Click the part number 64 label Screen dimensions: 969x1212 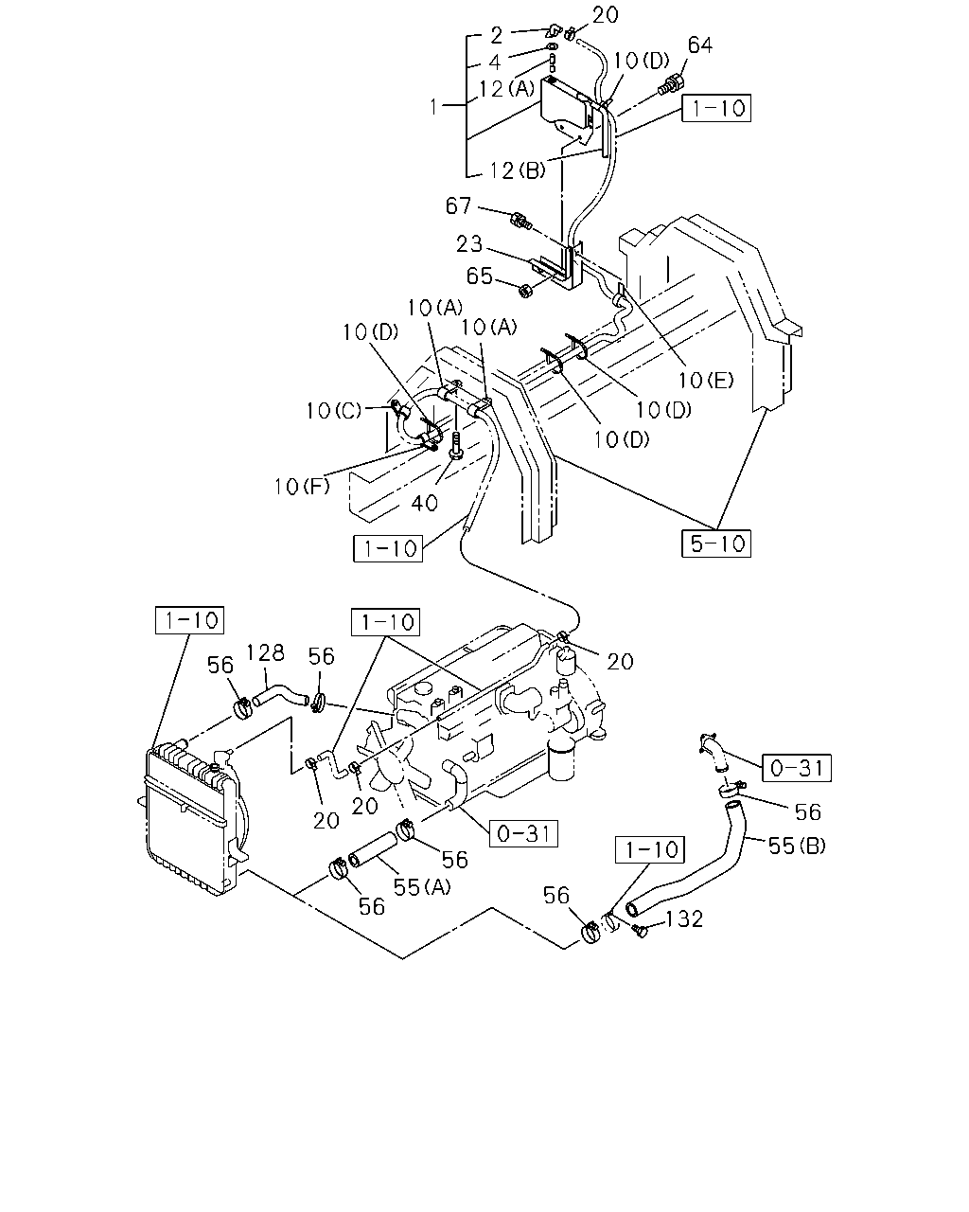700,45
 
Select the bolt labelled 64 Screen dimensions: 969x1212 671,85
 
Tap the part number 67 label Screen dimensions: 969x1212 458,206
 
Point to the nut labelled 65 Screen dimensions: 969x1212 526,291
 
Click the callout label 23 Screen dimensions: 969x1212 469,244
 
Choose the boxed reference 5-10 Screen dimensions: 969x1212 716,544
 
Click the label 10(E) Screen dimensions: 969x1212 706,380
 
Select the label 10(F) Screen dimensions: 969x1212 302,486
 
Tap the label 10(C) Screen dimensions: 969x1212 334,411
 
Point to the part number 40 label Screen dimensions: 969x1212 424,503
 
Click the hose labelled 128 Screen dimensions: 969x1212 280,694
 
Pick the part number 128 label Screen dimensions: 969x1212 265,653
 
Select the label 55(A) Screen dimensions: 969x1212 422,887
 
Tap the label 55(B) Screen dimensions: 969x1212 797,846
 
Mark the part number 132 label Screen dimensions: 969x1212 684,919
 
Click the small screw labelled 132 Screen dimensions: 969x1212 640,931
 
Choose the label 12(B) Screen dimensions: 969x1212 518,170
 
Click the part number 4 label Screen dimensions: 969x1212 494,62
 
